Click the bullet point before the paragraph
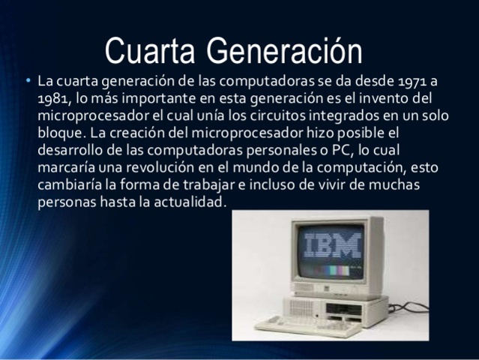click(x=28, y=79)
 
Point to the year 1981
click(x=54, y=99)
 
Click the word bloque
click(x=59, y=133)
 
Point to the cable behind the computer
click(x=409, y=307)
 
